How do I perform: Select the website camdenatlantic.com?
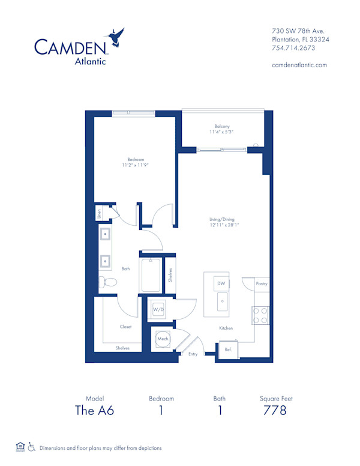coord(299,65)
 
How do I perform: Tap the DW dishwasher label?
coord(221,282)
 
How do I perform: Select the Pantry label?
coord(261,283)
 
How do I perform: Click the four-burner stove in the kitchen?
coord(260,315)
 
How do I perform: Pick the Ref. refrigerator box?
coord(228,349)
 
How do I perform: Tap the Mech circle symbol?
coord(162,339)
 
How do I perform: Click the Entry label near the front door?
coord(193,354)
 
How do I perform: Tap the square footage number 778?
coord(275,411)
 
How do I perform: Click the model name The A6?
coord(94,411)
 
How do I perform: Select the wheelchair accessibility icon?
coord(32,447)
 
